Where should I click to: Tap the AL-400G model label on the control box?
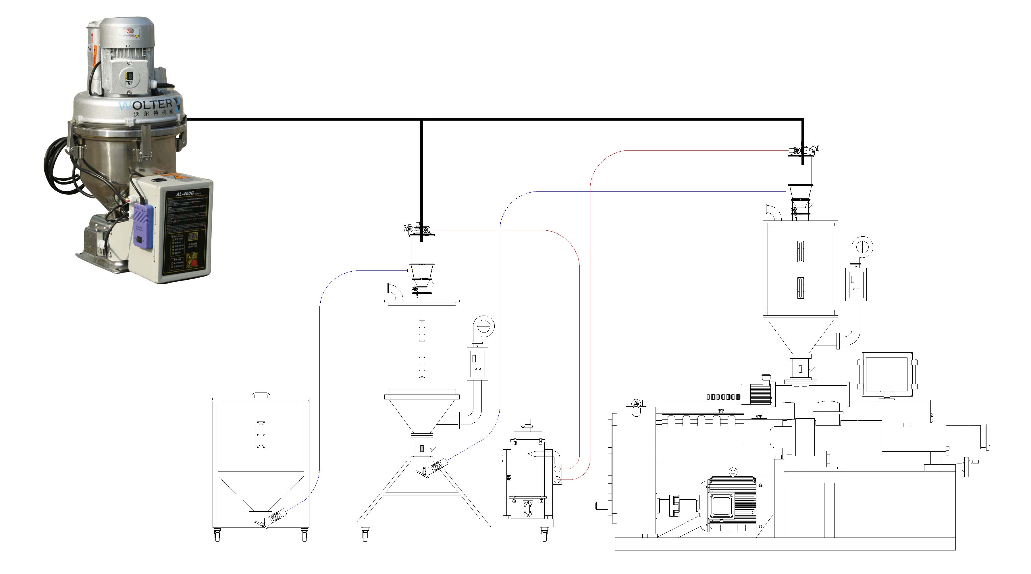pyautogui.click(x=185, y=194)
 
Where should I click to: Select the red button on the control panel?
pyautogui.click(x=194, y=263)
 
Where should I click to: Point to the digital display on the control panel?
pyautogui.click(x=193, y=236)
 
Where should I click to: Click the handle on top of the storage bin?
pyautogui.click(x=261, y=395)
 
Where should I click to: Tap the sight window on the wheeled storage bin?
pyautogui.click(x=261, y=435)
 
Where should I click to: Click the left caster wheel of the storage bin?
pyautogui.click(x=217, y=534)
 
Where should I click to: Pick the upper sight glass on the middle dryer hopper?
pyautogui.click(x=422, y=331)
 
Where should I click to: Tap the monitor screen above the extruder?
pyautogui.click(x=886, y=375)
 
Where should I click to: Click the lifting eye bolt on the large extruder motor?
pyautogui.click(x=733, y=472)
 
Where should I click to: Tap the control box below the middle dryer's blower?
pyautogui.click(x=477, y=364)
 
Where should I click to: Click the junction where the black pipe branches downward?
pyautogui.click(x=421, y=119)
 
